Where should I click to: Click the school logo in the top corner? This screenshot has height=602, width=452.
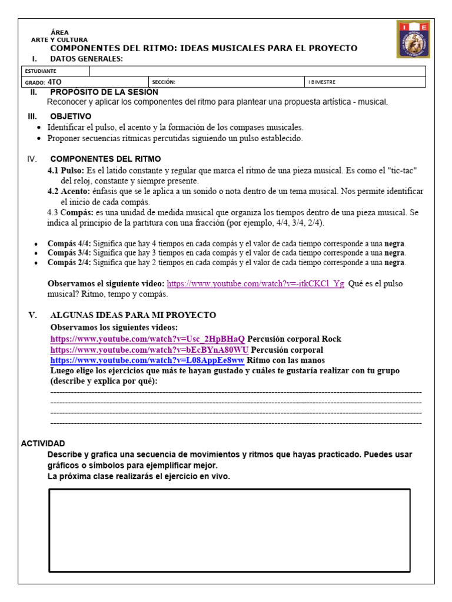[413, 40]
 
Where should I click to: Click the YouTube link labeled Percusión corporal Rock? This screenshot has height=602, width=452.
[147, 339]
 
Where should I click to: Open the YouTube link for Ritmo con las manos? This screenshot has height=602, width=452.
[147, 360]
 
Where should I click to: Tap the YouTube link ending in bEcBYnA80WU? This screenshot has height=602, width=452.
[149, 350]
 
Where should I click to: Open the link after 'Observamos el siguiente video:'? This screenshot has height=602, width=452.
[255, 283]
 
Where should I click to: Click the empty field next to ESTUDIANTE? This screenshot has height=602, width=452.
[257, 71]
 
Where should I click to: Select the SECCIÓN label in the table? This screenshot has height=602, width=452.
[164, 82]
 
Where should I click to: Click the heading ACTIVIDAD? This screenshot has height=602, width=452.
[43, 443]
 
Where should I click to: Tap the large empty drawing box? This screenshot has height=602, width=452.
[229, 530]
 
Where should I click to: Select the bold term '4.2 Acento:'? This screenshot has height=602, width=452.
[68, 192]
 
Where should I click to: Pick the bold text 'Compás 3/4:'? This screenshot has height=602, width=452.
[69, 253]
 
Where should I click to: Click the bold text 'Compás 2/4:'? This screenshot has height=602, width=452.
[69, 262]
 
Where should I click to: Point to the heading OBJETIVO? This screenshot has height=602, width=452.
[71, 116]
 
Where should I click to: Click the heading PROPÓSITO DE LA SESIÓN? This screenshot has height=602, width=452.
[104, 92]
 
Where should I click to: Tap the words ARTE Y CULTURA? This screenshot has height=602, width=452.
[59, 40]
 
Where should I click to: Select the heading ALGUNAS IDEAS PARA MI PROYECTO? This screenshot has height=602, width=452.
[133, 315]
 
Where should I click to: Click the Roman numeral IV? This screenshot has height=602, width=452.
[32, 159]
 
